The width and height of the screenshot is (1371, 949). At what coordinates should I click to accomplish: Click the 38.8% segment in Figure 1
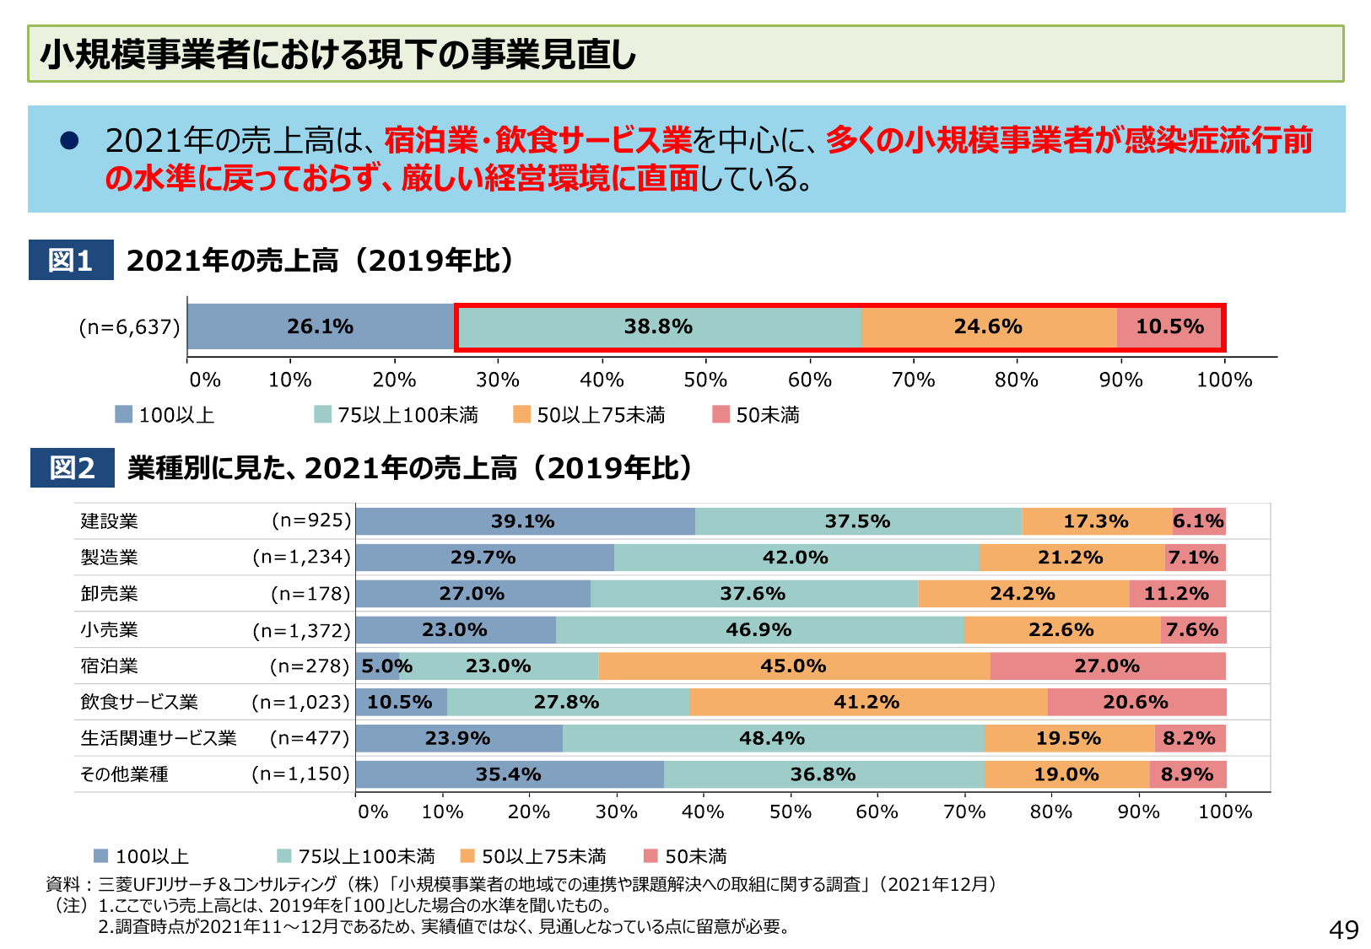tap(658, 327)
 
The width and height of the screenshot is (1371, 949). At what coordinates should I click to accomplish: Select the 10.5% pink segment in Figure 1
tap(1169, 327)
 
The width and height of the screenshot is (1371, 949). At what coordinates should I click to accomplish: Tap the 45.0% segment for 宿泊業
tap(793, 666)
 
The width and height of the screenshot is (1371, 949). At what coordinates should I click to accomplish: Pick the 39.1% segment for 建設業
tap(523, 521)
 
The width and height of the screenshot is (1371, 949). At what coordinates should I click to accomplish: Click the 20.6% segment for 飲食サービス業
tap(1136, 703)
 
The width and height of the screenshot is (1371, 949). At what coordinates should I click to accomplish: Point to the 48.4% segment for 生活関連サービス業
tap(772, 739)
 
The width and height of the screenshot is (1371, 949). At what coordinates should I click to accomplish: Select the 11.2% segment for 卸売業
tap(1176, 594)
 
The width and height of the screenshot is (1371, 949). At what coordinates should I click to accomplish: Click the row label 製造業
tap(109, 558)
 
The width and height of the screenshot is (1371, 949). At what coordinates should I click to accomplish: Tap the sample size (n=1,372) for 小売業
tap(301, 630)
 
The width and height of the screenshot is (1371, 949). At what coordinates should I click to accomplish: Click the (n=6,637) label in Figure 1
tap(129, 327)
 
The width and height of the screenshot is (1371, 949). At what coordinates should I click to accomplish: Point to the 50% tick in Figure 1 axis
tap(705, 380)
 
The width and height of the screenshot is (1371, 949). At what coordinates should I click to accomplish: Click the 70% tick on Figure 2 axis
tap(964, 812)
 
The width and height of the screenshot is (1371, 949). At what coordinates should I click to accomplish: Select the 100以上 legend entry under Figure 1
tap(165, 415)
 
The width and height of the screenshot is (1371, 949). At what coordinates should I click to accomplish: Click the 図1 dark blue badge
tap(71, 260)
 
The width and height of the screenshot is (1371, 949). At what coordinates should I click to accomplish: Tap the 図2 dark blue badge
tap(72, 467)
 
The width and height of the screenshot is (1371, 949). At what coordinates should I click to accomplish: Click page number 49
tap(1343, 930)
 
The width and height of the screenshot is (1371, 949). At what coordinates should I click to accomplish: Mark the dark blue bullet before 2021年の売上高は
tap(69, 141)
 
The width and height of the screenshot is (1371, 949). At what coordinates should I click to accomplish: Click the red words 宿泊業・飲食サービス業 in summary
tap(537, 140)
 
